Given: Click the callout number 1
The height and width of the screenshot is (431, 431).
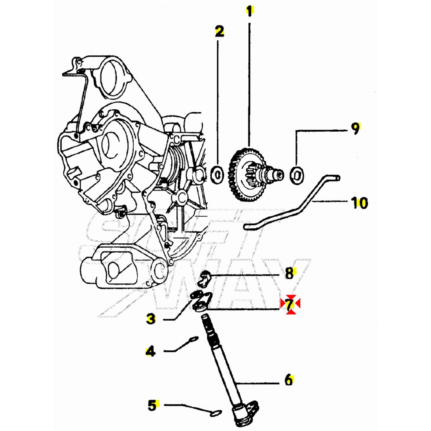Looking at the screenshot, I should pos(249,11).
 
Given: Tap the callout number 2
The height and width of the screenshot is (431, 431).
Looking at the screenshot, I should pos(219,31).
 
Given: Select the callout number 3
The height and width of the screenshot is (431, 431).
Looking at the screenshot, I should pos(150,319).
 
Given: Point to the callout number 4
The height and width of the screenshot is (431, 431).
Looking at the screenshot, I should pos(150,351).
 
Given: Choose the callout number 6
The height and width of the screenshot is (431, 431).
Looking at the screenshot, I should pos(289,380).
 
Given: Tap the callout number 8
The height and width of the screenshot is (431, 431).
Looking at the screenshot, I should pos(290,273).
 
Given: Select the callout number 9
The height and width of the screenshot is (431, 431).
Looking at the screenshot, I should pos(355,129).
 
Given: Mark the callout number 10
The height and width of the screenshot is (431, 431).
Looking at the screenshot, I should pos(359,203).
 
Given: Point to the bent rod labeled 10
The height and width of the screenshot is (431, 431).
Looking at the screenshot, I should pos(298,206).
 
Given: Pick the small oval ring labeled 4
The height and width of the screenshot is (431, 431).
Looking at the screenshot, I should pos(193,339).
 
